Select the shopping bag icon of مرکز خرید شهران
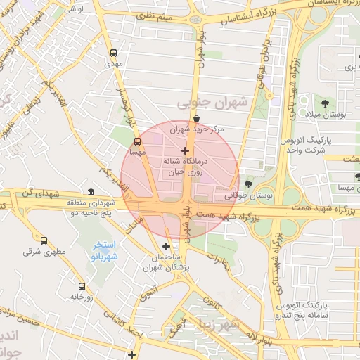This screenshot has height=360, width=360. (195, 118)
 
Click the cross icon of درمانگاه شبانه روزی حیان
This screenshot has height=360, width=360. (185, 150)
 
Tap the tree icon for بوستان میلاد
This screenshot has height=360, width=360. (325, 103)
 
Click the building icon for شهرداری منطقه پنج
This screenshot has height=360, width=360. (91, 192)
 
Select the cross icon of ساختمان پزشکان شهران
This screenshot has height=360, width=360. (166, 246)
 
